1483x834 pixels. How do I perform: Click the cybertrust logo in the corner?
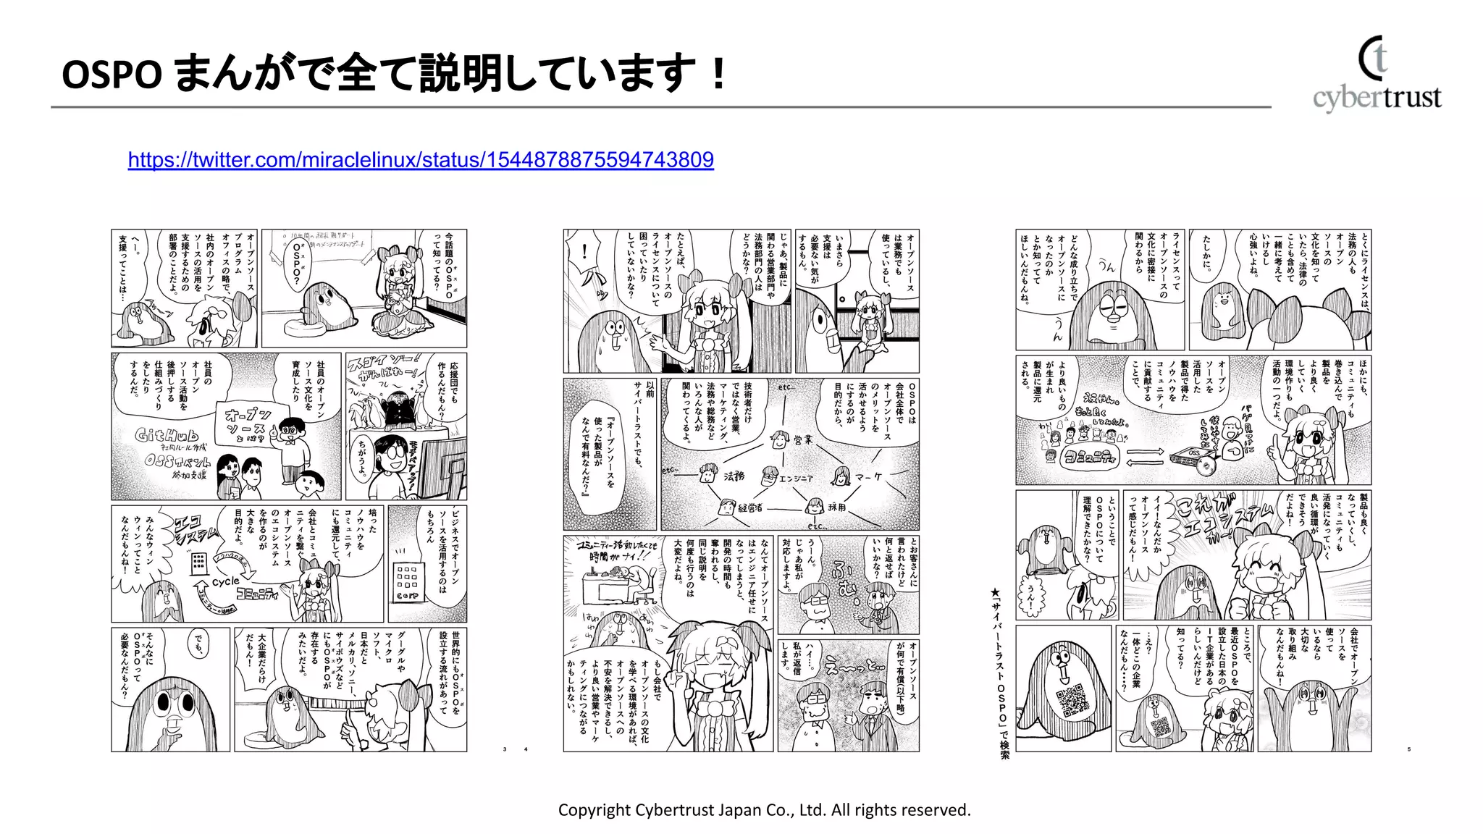(x=1377, y=75)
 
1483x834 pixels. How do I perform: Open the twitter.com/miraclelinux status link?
(x=421, y=160)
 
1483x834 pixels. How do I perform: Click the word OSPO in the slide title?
(x=112, y=75)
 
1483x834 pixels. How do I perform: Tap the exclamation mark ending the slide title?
(x=718, y=73)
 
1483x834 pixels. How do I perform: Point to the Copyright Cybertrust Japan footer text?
(x=764, y=810)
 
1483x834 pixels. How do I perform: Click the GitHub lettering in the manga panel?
(x=167, y=436)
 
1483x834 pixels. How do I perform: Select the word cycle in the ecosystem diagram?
(x=225, y=581)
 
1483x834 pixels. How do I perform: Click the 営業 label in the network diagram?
(x=802, y=439)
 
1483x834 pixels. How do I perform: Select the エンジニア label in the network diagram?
(x=795, y=479)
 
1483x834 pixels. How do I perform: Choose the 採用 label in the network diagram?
(x=836, y=507)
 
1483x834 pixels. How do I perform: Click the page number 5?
(x=1408, y=749)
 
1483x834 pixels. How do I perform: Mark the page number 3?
(x=505, y=749)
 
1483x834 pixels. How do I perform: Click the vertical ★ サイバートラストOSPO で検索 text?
(x=1004, y=673)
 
